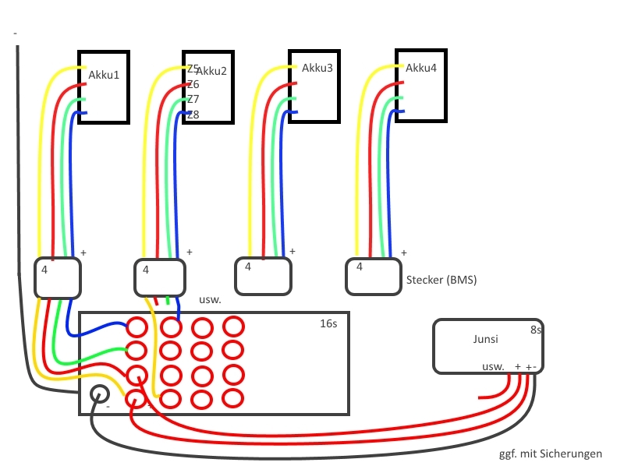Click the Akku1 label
105,75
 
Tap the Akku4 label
421,69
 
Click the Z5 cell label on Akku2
193,69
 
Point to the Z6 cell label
193,84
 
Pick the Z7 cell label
193,100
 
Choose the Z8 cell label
193,115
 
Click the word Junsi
485,340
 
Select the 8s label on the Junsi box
536,330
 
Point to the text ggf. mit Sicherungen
550,454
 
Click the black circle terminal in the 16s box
100,394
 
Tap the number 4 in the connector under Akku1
44,270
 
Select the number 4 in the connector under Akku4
359,267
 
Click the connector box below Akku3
264,276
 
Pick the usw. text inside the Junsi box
493,366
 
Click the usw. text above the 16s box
211,299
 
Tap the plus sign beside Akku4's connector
404,252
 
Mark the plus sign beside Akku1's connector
83,253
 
